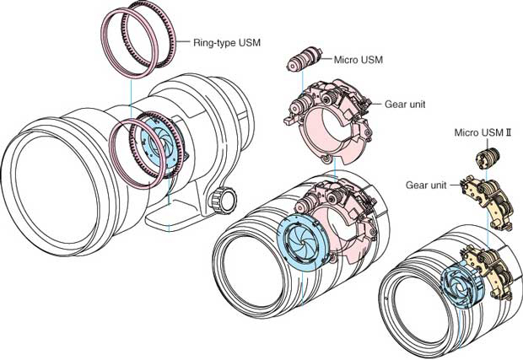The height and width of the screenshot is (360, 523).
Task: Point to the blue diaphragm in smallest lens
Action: click(x=461, y=284)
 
